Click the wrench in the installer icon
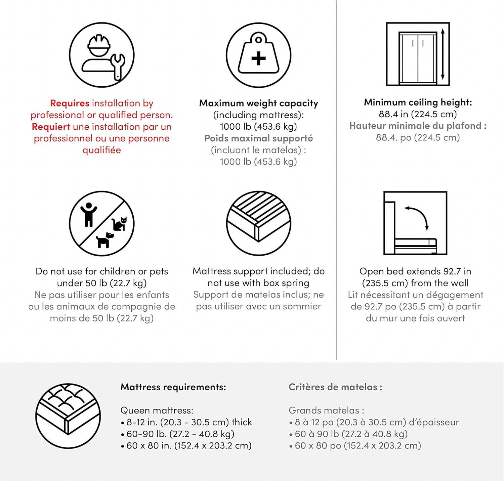(x=118, y=67)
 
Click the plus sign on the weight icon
(x=258, y=58)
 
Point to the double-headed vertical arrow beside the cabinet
(x=443, y=54)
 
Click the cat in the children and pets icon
(x=119, y=224)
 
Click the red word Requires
(x=70, y=103)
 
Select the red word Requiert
(x=51, y=127)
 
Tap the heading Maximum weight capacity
(x=258, y=103)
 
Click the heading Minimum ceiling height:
(x=418, y=102)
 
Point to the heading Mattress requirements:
(x=173, y=387)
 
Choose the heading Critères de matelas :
(x=335, y=387)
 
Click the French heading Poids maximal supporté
(x=258, y=138)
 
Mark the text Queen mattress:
(x=157, y=410)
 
